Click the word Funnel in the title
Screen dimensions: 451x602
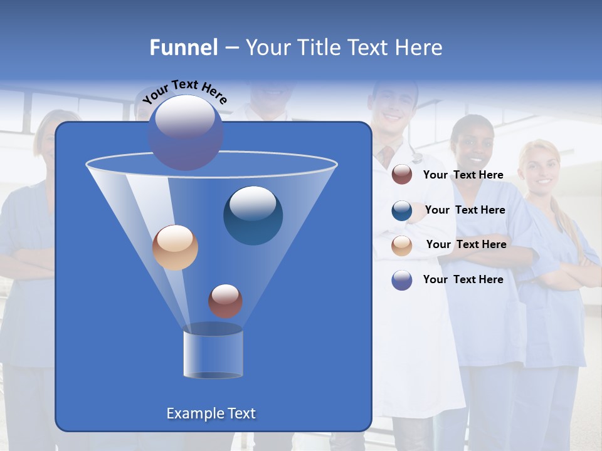183,48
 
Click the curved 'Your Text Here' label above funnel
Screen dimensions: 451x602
184,91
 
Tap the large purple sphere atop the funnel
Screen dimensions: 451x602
185,132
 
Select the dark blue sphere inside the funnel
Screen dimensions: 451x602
253,215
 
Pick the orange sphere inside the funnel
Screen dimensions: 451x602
175,247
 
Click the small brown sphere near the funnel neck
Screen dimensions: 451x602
225,301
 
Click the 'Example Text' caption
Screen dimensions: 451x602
211,413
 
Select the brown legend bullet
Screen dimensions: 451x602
402,175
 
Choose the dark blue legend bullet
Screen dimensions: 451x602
402,210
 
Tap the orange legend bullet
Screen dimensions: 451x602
402,246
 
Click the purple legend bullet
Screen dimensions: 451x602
402,280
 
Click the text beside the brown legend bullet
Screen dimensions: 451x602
463,175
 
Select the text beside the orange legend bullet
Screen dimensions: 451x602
466,244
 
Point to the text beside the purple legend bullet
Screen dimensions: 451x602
463,279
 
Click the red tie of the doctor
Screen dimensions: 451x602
388,154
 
